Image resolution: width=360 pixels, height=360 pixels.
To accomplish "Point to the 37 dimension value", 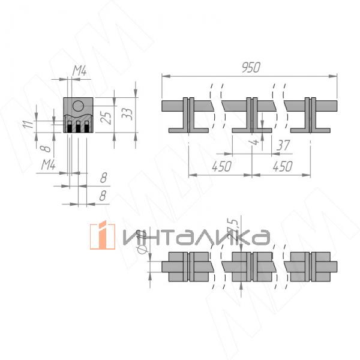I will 283,145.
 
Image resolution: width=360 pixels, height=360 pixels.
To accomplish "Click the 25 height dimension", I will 106,116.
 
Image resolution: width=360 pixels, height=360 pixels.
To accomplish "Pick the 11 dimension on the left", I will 27,124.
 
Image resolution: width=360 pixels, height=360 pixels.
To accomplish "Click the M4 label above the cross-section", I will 80,72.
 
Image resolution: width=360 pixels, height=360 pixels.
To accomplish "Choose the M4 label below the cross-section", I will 49,164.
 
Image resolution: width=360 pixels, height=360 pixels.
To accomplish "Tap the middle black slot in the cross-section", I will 78,127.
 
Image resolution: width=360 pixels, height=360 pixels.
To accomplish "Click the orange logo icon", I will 102,236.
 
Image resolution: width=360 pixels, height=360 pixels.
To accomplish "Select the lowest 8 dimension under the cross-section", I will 103,195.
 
